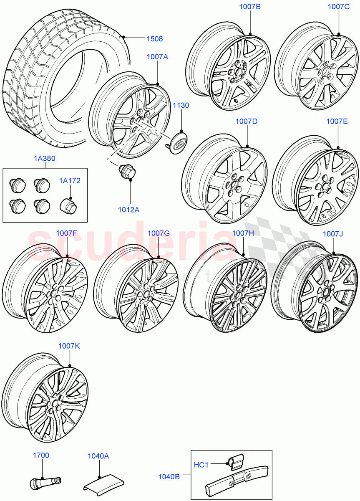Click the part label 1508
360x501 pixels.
pyautogui.click(x=154, y=39)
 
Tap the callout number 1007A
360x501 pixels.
pyautogui.click(x=157, y=57)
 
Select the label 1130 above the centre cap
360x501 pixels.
pyautogui.click(x=181, y=106)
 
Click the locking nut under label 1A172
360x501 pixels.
pyautogui.click(x=68, y=205)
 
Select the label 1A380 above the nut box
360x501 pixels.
pyautogui.click(x=45, y=159)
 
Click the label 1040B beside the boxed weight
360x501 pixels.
pyautogui.click(x=169, y=476)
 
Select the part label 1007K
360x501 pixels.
pyautogui.click(x=69, y=346)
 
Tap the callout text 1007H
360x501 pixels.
pyautogui.click(x=243, y=233)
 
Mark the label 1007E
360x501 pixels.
pyautogui.click(x=337, y=121)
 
